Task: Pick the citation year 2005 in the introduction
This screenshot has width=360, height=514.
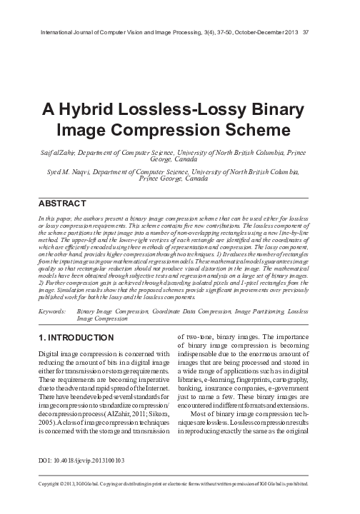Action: [46, 422]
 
